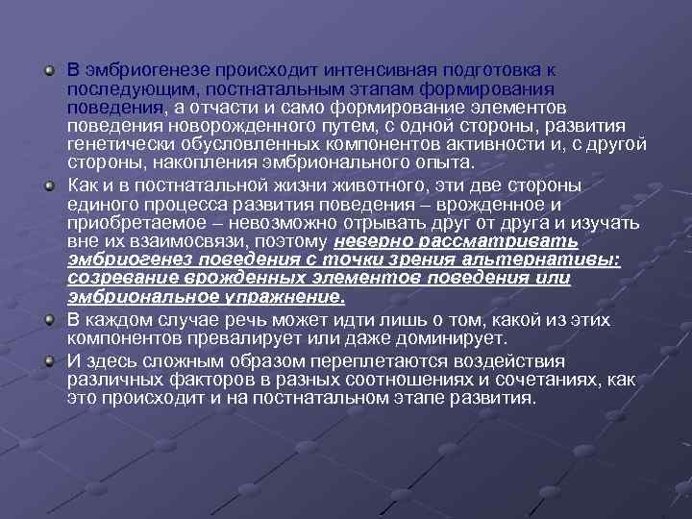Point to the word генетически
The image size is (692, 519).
pyautogui.click(x=118, y=144)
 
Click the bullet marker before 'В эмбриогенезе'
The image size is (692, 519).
pyautogui.click(x=48, y=72)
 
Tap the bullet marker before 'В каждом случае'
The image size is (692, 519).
pyautogui.click(x=48, y=321)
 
